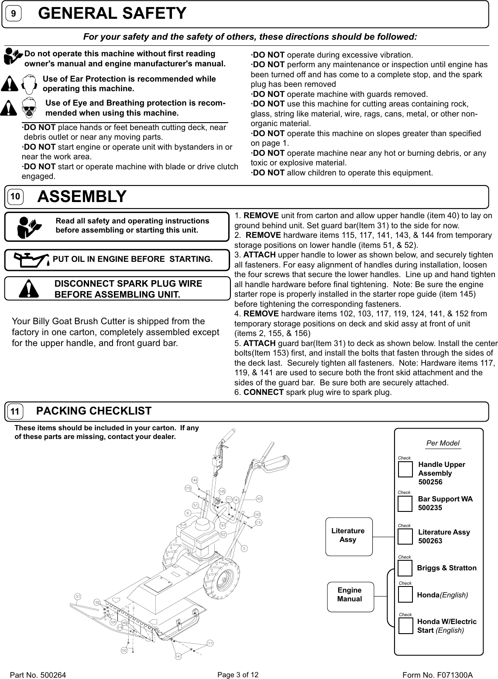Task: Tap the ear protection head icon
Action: pyautogui.click(x=28, y=84)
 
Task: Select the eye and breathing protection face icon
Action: pyautogui.click(x=30, y=108)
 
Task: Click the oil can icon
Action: pyautogui.click(x=31, y=259)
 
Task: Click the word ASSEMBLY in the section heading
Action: pyautogui.click(x=82, y=197)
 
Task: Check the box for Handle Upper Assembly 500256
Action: pyautogui.click(x=405, y=469)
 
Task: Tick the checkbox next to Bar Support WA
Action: pyautogui.click(x=405, y=503)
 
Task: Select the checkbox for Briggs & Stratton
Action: pyautogui.click(x=405, y=568)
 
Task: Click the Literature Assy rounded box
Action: pyautogui.click(x=348, y=536)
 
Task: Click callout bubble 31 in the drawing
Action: pyautogui.click(x=77, y=596)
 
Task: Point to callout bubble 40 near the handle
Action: pyautogui.click(x=259, y=498)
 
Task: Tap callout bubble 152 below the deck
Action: pyautogui.click(x=124, y=650)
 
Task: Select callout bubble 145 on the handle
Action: pyautogui.click(x=222, y=491)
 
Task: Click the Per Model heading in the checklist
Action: pyautogui.click(x=443, y=443)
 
